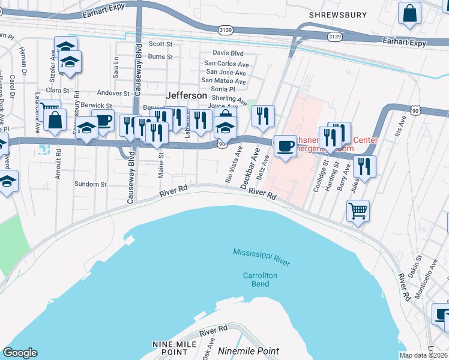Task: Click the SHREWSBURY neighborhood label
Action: [337, 14]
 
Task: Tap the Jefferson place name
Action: [186, 95]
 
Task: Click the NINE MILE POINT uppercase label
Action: [171, 347]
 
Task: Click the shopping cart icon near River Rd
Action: [358, 211]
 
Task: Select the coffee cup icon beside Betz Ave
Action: [285, 146]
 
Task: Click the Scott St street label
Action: [160, 44]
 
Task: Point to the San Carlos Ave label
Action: [226, 63]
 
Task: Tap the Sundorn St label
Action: [90, 185]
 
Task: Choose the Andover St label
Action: [113, 94]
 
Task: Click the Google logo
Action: [20, 353]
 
